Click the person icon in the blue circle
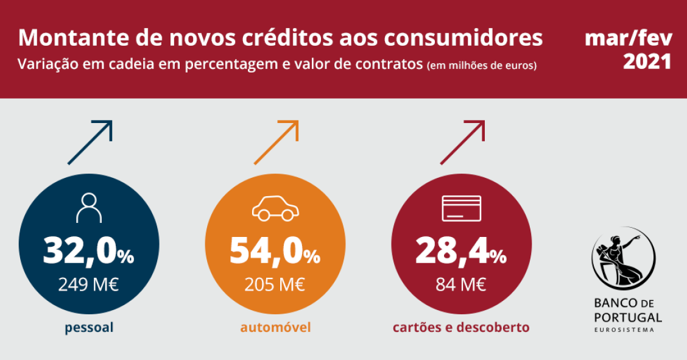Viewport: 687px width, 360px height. pyautogui.click(x=89, y=207)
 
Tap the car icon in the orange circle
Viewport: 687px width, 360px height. pyautogui.click(x=275, y=208)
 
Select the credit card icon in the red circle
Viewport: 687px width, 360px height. pyautogui.click(x=461, y=208)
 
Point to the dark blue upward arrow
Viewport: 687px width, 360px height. pyautogui.click(x=90, y=143)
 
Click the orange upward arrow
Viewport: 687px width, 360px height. pyautogui.click(x=277, y=143)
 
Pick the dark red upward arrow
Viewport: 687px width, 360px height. pyautogui.click(x=462, y=143)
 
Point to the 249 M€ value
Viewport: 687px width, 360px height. pyautogui.click(x=89, y=284)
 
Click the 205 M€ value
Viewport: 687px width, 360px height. pyautogui.click(x=275, y=284)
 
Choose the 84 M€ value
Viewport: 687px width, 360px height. pyautogui.click(x=461, y=284)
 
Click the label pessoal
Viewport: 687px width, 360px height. pyautogui.click(x=90, y=328)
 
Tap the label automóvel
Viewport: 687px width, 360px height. pyautogui.click(x=275, y=328)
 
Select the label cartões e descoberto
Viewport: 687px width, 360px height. pyautogui.click(x=461, y=328)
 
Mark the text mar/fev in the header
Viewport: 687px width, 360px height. pyautogui.click(x=629, y=38)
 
